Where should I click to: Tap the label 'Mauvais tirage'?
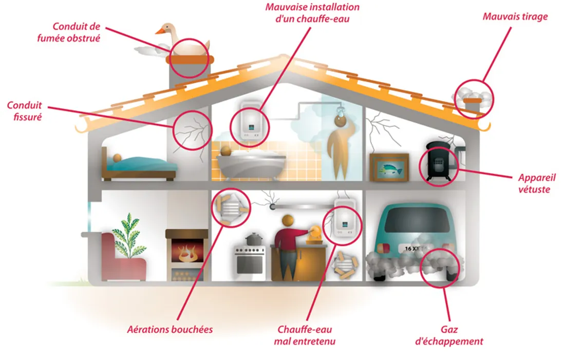tap(515, 16)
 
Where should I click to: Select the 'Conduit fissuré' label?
tap(24, 111)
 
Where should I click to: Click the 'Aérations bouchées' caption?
tap(170, 329)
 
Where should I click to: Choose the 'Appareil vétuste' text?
tap(537, 183)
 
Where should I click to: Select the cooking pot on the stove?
tap(253, 239)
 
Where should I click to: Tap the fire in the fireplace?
tap(187, 254)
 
